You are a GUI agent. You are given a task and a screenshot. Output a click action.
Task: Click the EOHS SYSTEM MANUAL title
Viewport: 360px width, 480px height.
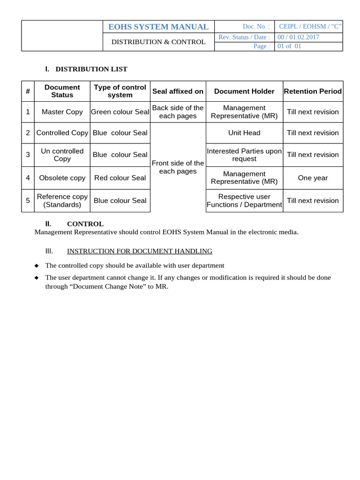click(x=158, y=27)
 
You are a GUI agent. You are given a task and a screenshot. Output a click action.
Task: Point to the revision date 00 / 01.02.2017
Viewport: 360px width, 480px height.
click(x=298, y=37)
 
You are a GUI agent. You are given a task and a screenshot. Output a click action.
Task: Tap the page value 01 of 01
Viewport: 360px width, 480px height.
click(x=290, y=46)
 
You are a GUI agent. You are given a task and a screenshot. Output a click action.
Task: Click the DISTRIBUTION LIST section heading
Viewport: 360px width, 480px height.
click(x=91, y=69)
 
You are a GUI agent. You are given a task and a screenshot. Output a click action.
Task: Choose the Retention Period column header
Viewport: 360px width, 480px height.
click(x=313, y=91)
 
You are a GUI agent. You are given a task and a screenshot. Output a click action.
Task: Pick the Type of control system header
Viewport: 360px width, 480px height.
click(x=120, y=91)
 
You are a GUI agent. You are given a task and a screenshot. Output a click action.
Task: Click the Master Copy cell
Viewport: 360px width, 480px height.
click(x=62, y=112)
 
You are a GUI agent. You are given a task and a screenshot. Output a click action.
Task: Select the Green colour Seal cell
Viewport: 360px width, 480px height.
click(x=120, y=112)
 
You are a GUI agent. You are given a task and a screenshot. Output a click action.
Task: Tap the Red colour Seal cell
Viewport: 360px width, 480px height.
click(x=120, y=178)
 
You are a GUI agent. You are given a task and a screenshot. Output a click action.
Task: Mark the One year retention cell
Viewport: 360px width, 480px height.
click(x=313, y=178)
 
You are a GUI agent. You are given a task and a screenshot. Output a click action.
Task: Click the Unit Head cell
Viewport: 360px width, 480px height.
click(x=244, y=133)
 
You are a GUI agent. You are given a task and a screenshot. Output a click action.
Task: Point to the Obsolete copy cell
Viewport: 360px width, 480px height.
click(x=62, y=178)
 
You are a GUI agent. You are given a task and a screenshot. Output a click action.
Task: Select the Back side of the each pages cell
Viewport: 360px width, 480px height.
click(x=178, y=112)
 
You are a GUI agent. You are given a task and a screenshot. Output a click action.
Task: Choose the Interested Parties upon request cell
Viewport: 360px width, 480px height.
click(x=244, y=155)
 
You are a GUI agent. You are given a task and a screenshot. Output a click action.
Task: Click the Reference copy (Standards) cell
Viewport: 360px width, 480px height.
click(x=62, y=201)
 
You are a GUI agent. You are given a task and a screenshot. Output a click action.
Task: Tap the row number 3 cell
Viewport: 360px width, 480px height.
click(x=28, y=155)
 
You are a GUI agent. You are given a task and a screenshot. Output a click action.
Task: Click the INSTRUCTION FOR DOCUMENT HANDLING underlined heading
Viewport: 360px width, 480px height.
click(x=140, y=251)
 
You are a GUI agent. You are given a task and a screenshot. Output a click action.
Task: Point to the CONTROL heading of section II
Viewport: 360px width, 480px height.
click(x=85, y=224)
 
